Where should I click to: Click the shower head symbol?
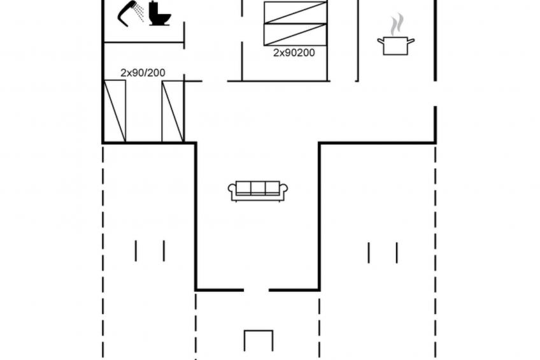pyautogui.click(x=125, y=13)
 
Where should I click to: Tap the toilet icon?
pyautogui.click(x=159, y=14)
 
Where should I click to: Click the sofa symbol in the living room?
pyautogui.click(x=258, y=191)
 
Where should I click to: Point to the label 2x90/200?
pyautogui.click(x=143, y=73)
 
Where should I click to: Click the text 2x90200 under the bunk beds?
pyautogui.click(x=294, y=53)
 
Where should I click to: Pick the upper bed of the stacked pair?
pyautogui.click(x=295, y=12)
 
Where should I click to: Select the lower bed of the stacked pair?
pyautogui.click(x=295, y=34)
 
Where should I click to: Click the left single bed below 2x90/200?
pyautogui.click(x=115, y=111)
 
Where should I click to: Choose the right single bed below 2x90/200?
pyautogui.click(x=173, y=112)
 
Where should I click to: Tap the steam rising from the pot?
pyautogui.click(x=397, y=24)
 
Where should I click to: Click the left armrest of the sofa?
pyautogui.click(x=232, y=191)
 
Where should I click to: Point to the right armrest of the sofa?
pyautogui.click(x=283, y=191)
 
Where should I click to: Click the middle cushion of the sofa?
pyautogui.click(x=258, y=188)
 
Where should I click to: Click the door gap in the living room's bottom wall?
pyautogui.click(x=256, y=290)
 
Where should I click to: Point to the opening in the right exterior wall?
pyautogui.click(x=436, y=94)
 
